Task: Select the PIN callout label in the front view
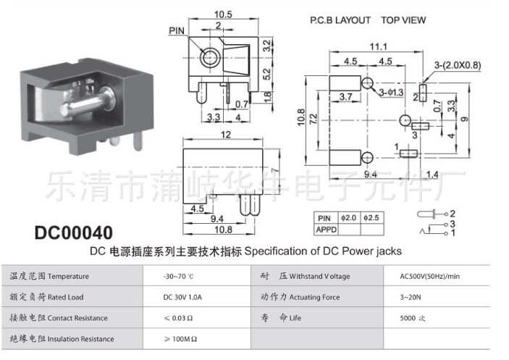177,30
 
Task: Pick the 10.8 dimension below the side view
224,230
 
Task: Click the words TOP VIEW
403,20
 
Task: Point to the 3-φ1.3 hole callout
391,93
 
